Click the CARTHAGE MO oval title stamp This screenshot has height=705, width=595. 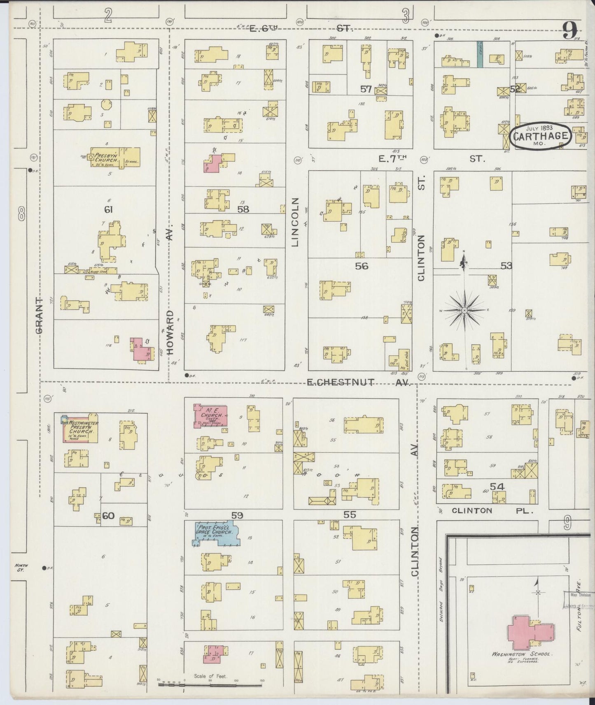[x=541, y=136]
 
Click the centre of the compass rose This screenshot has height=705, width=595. [x=464, y=310]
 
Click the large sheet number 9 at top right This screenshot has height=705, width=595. [x=570, y=30]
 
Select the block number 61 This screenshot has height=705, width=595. [x=108, y=210]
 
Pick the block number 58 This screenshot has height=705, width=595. [x=243, y=209]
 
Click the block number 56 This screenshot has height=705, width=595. [x=362, y=266]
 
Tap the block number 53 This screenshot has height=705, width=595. [x=506, y=266]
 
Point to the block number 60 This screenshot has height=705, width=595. [x=108, y=515]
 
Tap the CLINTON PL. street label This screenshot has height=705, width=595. [x=492, y=510]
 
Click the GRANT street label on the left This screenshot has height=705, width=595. [x=40, y=316]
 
